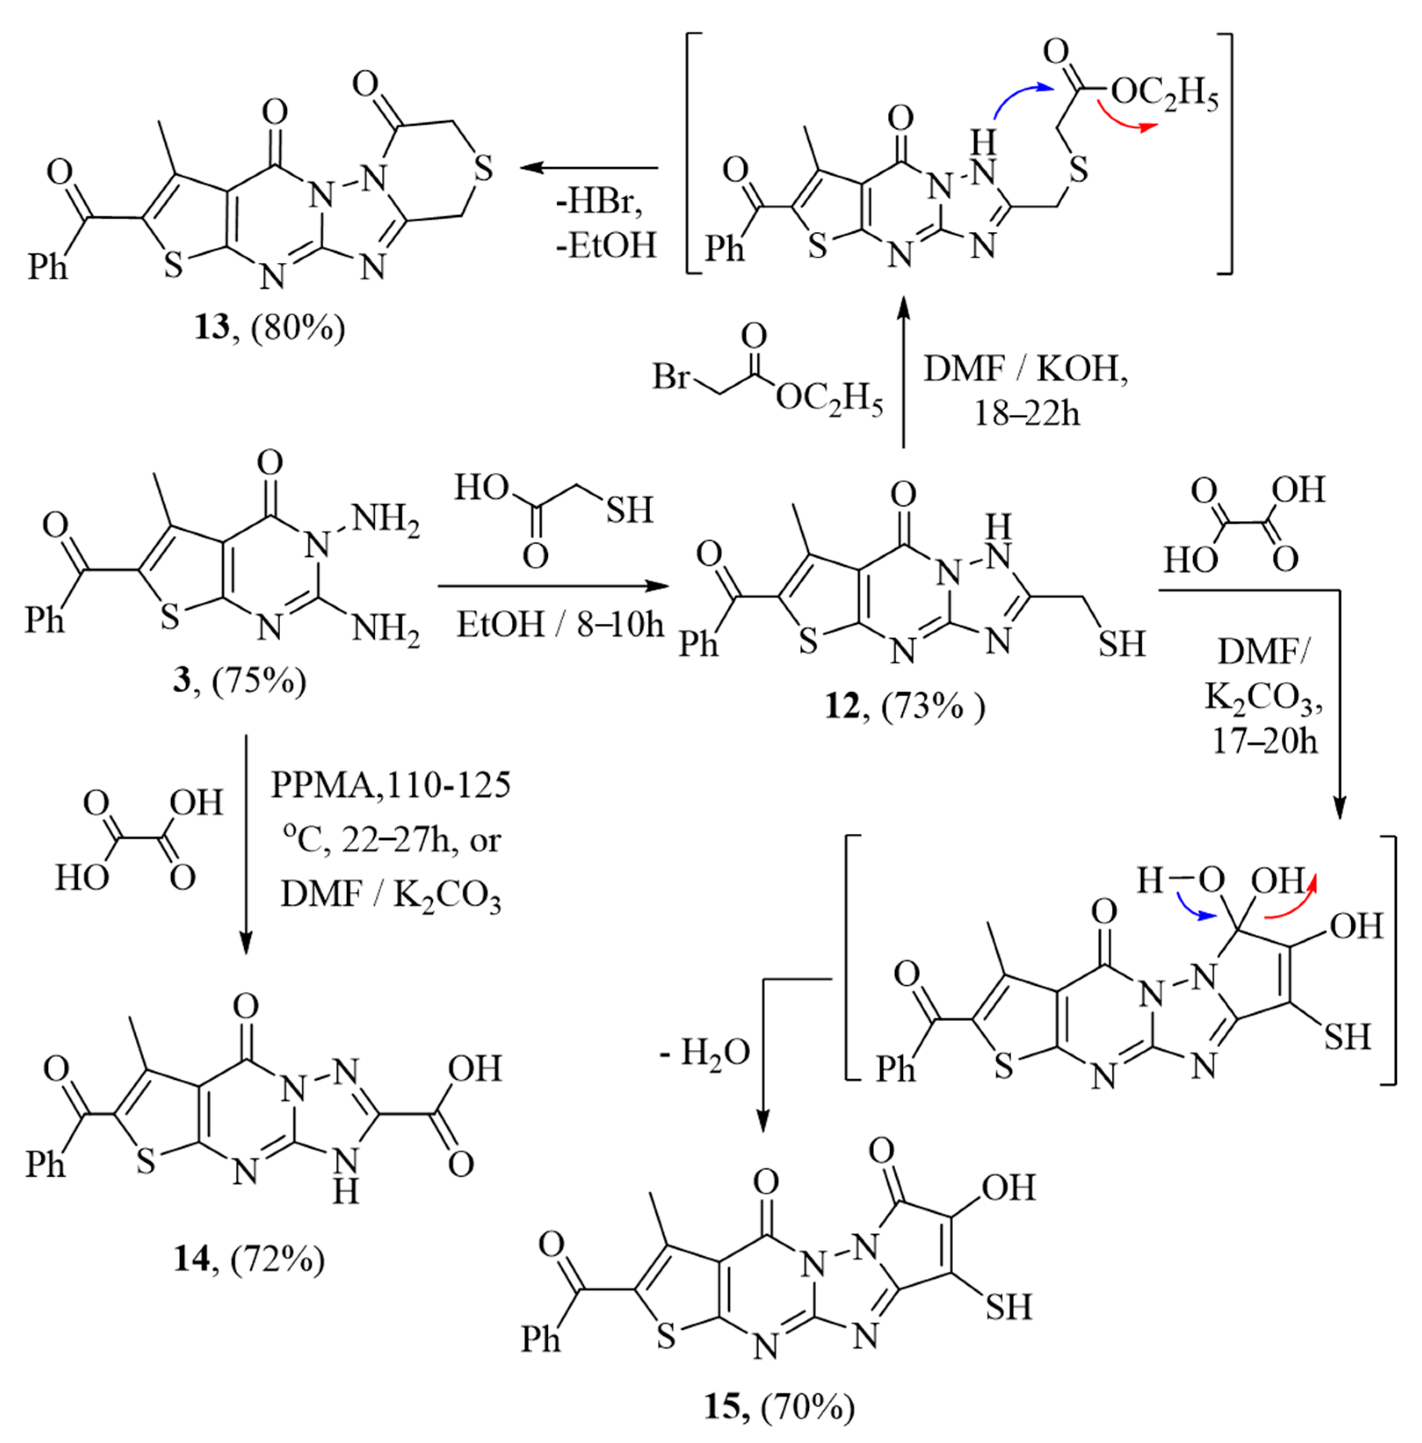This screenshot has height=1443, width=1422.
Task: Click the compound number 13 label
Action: tap(211, 327)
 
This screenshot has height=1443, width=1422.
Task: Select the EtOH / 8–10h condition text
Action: tap(560, 623)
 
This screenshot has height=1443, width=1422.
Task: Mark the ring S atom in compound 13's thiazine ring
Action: tap(483, 169)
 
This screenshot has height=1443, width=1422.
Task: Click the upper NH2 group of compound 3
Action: tap(385, 517)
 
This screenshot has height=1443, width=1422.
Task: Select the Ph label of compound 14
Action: tap(46, 1162)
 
